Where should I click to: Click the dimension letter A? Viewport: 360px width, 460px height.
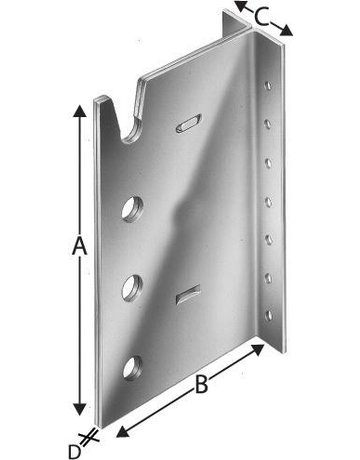point(79,246)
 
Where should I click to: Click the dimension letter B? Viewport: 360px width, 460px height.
point(201,384)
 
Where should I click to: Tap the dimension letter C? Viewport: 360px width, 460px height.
point(261,17)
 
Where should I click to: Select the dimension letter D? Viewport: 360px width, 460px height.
point(75,452)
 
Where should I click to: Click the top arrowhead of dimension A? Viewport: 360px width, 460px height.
point(79,111)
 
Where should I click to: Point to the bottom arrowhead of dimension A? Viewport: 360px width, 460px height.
point(79,409)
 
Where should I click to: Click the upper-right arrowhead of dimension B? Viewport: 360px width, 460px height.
point(257,349)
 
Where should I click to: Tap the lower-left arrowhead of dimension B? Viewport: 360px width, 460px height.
point(123,432)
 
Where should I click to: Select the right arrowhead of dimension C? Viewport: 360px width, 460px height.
point(286,31)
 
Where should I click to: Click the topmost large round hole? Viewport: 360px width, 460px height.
point(132,209)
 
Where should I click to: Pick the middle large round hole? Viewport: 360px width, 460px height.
point(132,288)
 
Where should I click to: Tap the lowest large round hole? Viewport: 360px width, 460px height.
point(132,368)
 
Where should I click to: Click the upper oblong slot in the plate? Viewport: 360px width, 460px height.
point(189,123)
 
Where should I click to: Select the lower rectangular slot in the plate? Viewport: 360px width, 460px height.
point(188,294)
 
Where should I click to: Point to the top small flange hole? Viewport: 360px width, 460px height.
point(268,85)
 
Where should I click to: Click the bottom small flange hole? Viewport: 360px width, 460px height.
point(269,316)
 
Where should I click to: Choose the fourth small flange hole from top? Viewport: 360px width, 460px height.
point(268,202)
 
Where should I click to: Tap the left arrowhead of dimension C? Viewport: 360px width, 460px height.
point(241,6)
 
